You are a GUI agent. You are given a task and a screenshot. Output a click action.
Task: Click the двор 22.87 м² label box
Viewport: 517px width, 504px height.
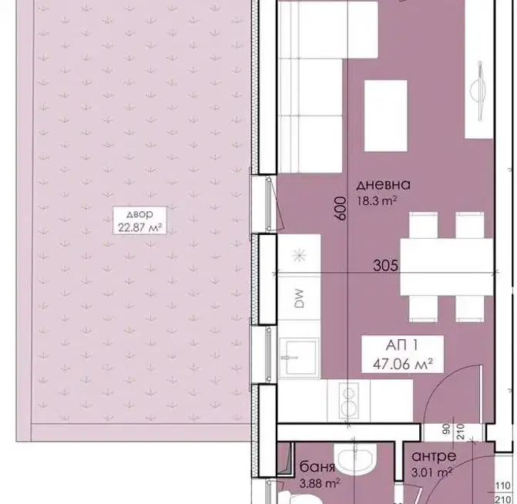point(139,220)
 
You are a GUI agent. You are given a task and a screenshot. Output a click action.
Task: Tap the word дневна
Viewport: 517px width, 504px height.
point(383,184)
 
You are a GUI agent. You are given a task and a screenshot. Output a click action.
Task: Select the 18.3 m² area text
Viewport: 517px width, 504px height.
point(377,200)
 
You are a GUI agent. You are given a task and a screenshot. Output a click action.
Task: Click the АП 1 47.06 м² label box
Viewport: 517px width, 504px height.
point(402,354)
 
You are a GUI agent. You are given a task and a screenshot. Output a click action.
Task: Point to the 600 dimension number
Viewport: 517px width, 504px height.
point(341,209)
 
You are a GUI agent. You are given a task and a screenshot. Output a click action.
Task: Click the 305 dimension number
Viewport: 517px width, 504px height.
point(385,265)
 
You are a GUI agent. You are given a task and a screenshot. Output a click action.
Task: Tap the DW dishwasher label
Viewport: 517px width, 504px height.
point(299,298)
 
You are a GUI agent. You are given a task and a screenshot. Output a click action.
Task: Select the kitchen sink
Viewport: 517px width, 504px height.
point(299,358)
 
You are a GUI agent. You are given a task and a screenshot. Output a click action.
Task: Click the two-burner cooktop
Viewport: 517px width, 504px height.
point(348,401)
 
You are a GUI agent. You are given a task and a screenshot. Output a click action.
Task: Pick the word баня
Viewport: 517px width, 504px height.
point(317,467)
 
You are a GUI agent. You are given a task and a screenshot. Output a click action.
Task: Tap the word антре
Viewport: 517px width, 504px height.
point(434,456)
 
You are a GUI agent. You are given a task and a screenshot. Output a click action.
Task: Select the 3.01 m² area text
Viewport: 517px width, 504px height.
point(431,472)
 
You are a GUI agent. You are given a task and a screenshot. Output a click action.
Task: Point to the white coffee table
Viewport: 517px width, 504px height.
point(385,116)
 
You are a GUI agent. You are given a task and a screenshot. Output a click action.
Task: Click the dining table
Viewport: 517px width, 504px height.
point(447,267)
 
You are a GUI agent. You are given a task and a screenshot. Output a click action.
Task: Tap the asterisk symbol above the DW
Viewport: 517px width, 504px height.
point(299,254)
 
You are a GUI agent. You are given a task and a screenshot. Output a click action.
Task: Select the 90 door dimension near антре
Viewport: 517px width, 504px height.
point(446,429)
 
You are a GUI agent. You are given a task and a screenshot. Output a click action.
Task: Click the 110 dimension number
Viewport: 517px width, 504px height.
point(503,486)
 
